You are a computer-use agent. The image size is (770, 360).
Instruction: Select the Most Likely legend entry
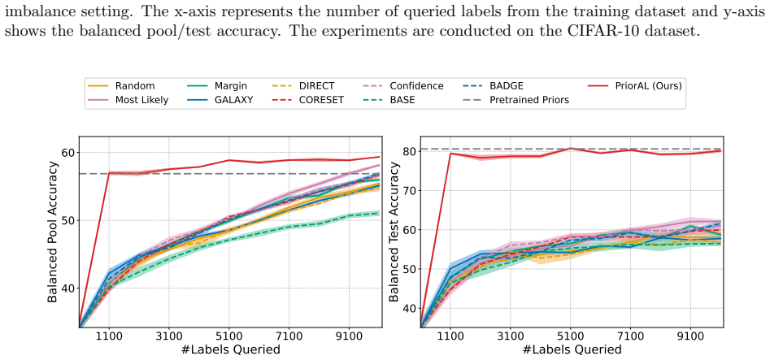[x=128, y=100]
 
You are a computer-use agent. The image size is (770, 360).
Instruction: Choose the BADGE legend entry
[x=492, y=86]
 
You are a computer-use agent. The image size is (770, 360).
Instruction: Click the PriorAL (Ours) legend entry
[x=635, y=86]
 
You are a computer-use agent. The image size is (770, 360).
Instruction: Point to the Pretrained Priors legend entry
[x=515, y=100]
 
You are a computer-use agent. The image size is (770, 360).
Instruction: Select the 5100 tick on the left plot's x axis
[x=229, y=337]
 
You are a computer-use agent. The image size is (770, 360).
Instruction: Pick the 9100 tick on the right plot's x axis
[x=691, y=337]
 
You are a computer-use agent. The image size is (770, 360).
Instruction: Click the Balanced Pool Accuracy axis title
[x=53, y=232]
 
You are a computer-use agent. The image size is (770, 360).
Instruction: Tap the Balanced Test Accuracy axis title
[x=394, y=232]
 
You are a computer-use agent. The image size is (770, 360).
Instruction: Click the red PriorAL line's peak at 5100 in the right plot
[x=571, y=148]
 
